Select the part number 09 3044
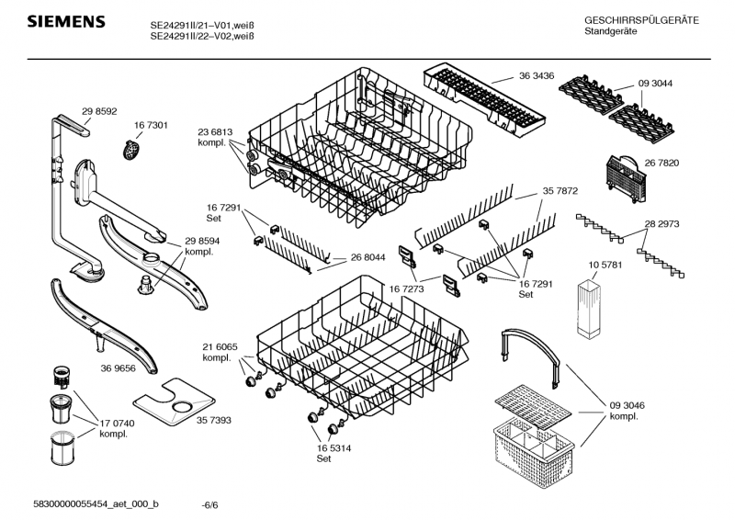click(654, 83)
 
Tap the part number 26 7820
click(661, 163)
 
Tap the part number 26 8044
click(367, 258)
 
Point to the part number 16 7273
click(406, 288)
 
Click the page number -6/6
click(209, 505)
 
